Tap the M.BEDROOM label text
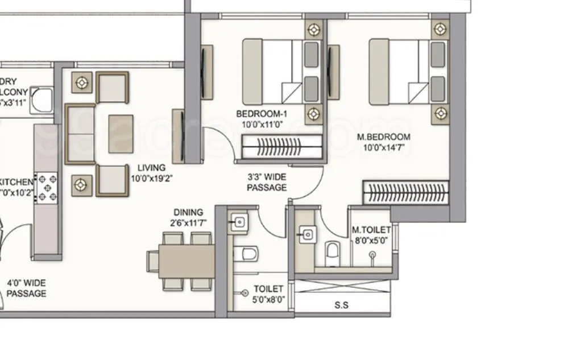(x=383, y=137)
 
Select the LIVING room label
(x=151, y=168)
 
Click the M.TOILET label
(x=371, y=230)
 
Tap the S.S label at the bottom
(x=341, y=305)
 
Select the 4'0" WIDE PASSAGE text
(x=26, y=288)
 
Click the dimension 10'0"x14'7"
(x=383, y=147)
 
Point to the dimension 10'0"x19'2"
(x=151, y=178)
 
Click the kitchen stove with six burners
(x=47, y=187)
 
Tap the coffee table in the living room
(x=121, y=134)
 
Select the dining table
(x=186, y=261)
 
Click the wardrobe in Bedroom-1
(x=282, y=147)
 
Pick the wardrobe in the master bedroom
(x=406, y=193)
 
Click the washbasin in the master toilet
(x=308, y=234)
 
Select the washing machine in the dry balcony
(x=42, y=100)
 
